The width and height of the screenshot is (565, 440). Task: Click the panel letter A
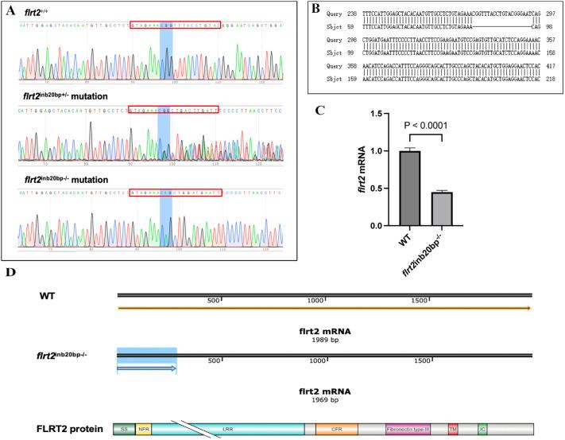coord(11,10)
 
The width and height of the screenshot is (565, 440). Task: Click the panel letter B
coord(315,10)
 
